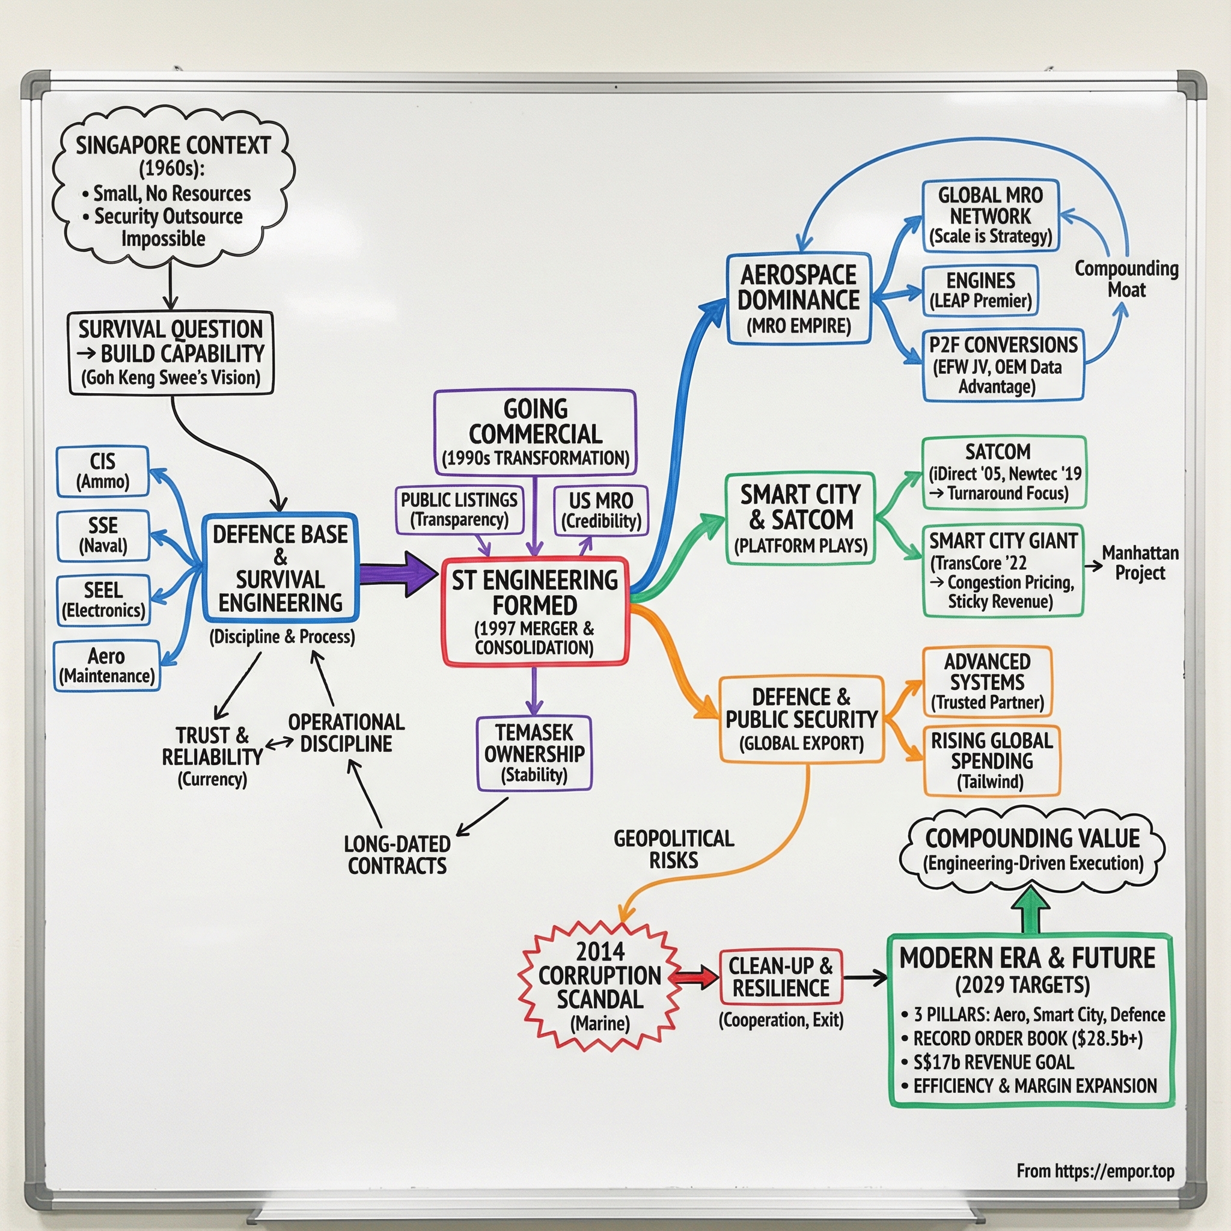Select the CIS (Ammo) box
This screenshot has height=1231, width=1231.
click(x=103, y=471)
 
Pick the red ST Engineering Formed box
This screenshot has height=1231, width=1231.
click(x=535, y=612)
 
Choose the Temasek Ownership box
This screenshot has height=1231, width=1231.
click(x=534, y=753)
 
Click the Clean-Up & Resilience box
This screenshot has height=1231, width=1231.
click(x=781, y=977)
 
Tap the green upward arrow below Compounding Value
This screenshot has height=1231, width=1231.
click(x=1031, y=910)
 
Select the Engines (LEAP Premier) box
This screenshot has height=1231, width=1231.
click(x=980, y=290)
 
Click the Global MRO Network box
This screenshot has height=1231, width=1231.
click(x=990, y=215)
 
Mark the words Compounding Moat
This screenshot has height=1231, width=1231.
click(x=1126, y=279)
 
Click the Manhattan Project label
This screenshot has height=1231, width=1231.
click(x=1140, y=563)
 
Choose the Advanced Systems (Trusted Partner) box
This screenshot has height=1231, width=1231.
click(x=987, y=682)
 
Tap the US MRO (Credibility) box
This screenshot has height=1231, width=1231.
click(x=601, y=510)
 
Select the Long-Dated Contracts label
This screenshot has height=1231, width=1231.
click(x=397, y=855)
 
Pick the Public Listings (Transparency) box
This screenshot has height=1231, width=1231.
click(x=459, y=510)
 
